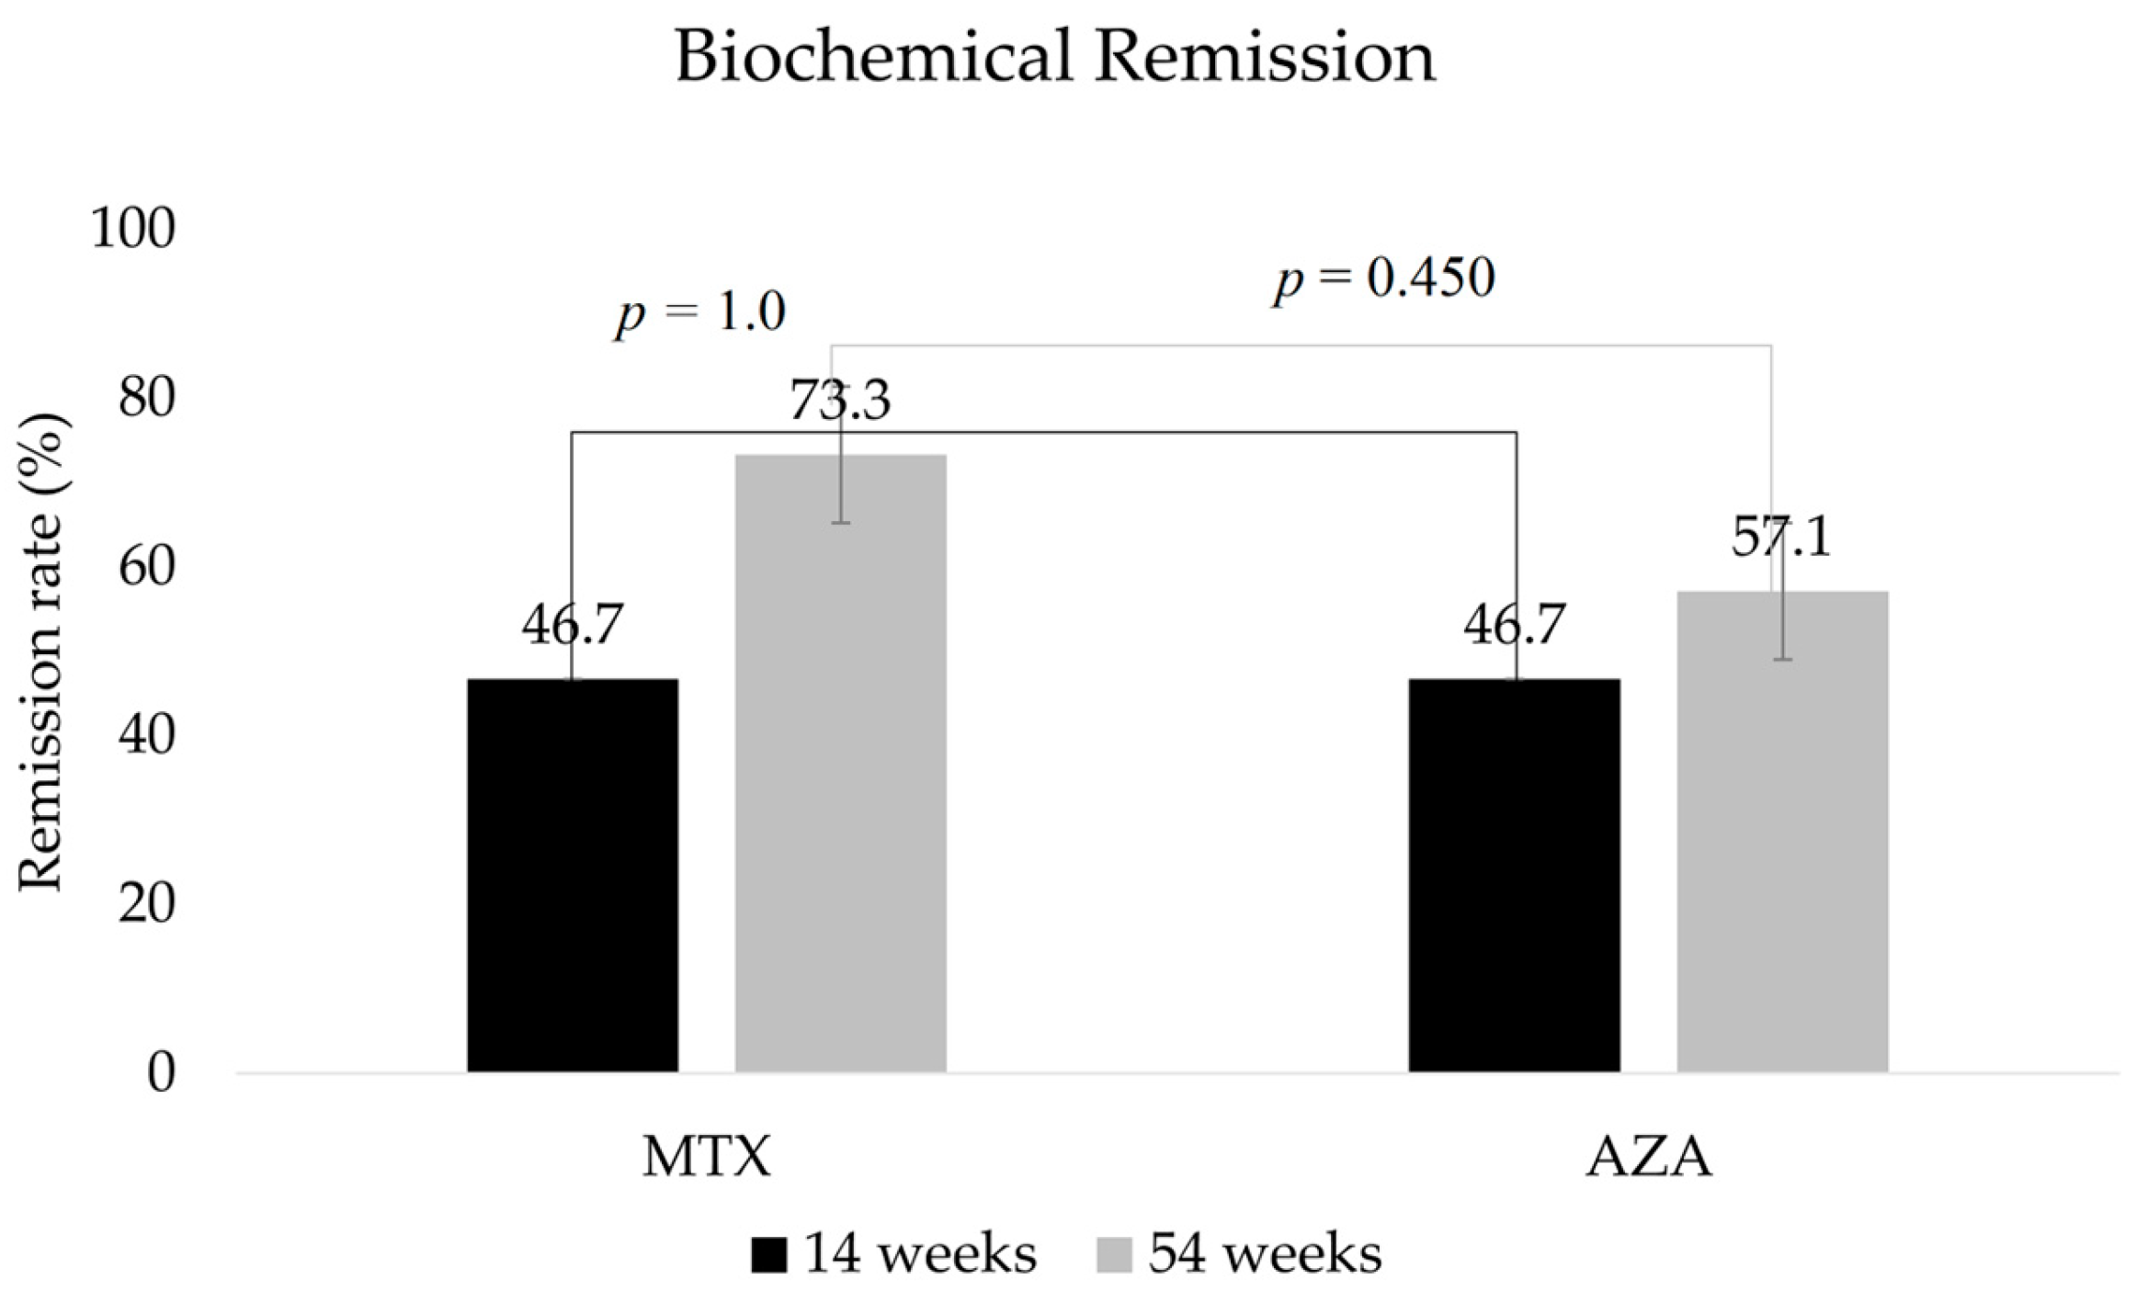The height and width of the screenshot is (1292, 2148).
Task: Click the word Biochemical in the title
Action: pos(872,57)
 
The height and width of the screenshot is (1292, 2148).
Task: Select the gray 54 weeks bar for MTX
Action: pos(840,762)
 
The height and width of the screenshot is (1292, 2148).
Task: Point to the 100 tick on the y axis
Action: pos(132,228)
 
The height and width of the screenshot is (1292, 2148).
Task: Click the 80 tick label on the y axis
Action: pos(146,398)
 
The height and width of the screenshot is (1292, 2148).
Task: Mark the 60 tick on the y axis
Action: pos(146,567)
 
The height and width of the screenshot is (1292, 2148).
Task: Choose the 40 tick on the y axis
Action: pos(146,735)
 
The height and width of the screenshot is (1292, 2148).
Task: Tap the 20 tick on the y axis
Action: pos(146,904)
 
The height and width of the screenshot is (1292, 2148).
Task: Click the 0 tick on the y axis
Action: pos(161,1072)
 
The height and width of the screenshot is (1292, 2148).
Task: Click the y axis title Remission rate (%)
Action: pos(40,652)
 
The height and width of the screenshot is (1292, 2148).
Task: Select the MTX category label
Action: pos(706,1157)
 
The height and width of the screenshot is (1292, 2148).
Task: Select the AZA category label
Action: pos(1649,1157)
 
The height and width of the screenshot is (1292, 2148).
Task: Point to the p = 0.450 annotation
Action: pos(1384,277)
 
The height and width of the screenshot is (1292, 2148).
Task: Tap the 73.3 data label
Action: pos(840,401)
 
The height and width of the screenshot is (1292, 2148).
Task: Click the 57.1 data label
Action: pos(1781,537)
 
